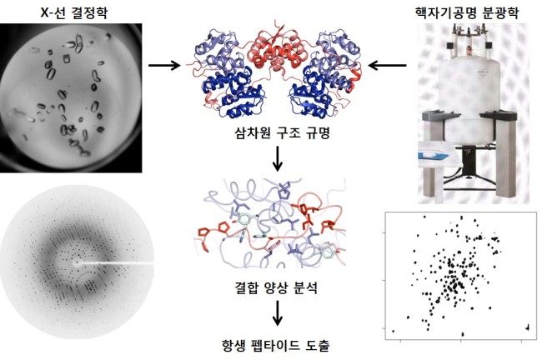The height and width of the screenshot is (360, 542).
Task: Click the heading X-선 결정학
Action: click(74, 12)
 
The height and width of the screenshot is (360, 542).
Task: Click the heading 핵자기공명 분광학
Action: click(467, 12)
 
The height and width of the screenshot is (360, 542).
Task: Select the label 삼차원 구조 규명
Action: click(283, 132)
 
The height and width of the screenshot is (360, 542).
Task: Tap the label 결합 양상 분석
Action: click(276, 287)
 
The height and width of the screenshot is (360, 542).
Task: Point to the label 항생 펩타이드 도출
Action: click(275, 345)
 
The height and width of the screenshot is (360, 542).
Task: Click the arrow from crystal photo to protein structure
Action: click(164, 65)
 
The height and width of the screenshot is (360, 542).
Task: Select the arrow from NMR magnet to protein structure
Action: click(388, 65)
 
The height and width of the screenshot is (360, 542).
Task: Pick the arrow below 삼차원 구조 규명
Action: click(277, 159)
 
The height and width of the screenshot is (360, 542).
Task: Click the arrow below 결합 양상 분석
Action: click(277, 313)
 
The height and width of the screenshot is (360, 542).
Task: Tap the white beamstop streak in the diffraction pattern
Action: click(116, 263)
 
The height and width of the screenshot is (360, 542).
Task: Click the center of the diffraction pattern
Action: click(75, 263)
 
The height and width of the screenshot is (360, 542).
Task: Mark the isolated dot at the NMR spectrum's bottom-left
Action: click(393, 332)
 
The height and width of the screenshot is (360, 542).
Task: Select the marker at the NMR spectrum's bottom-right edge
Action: click(528, 327)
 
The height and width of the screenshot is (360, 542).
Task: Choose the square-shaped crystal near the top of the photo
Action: click(67, 58)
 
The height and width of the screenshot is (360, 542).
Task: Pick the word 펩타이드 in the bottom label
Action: click(275, 345)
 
